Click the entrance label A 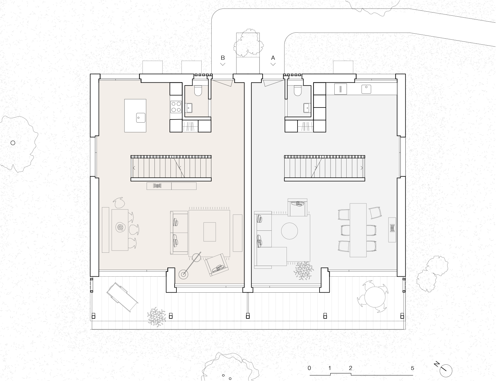273,58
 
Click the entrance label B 223,58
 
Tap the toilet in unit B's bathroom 198,91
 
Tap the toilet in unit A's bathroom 298,91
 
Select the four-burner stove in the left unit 176,107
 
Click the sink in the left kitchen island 141,118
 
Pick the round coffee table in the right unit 289,231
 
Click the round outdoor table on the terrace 375,297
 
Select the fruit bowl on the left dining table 120,228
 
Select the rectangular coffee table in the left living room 209,232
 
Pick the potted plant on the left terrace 157,317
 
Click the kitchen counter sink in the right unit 366,89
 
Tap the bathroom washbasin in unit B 189,108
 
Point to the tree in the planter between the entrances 248,43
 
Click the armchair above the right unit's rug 298,207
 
